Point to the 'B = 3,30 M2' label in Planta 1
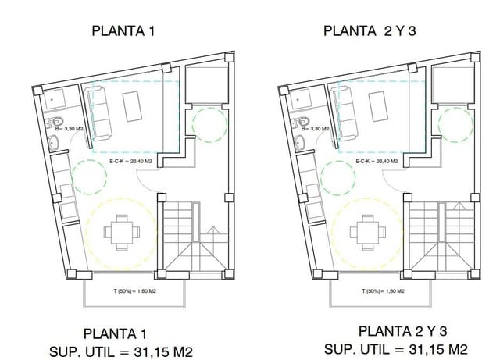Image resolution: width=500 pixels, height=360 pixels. pyautogui.click(x=70, y=130)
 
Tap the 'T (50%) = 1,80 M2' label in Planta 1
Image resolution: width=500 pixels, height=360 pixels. pyautogui.click(x=134, y=291)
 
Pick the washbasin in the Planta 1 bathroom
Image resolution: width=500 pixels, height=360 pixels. pyautogui.click(x=54, y=142)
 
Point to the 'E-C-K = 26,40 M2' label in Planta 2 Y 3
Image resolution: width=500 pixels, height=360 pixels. pyautogui.click(x=376, y=162)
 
